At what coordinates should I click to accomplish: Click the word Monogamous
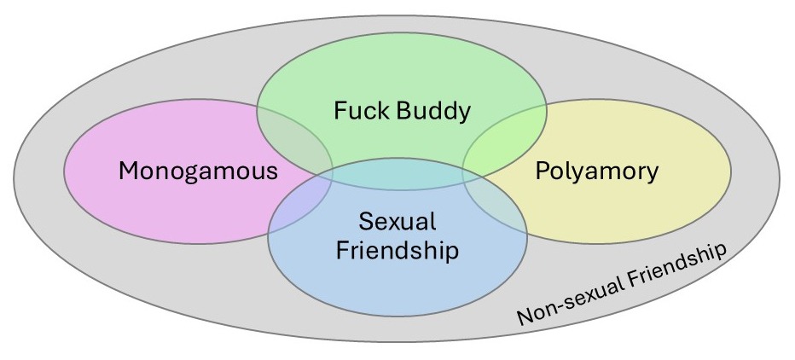pyautogui.click(x=198, y=171)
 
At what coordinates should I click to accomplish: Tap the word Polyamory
pyautogui.click(x=597, y=171)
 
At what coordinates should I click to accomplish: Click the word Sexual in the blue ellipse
pyautogui.click(x=397, y=223)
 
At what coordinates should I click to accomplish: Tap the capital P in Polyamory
pyautogui.click(x=542, y=171)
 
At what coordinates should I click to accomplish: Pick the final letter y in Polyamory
pyautogui.click(x=653, y=174)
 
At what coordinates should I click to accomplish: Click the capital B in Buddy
pyautogui.click(x=413, y=111)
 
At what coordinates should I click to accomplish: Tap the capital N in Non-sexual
pyautogui.click(x=523, y=317)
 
